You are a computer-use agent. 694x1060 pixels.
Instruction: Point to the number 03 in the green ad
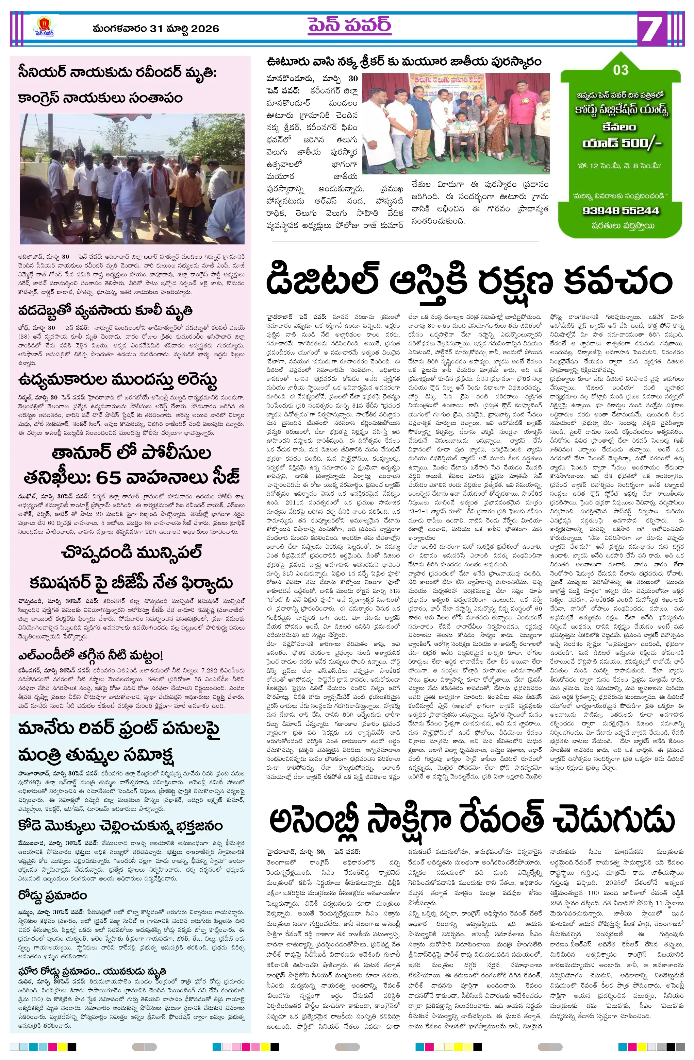pos(621,70)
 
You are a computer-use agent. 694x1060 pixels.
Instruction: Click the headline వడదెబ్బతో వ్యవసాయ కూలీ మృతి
pos(105,310)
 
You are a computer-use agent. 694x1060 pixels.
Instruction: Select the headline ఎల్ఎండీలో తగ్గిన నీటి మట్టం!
pos(91,655)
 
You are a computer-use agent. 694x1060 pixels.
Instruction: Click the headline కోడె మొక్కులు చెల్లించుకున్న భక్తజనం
pos(120,826)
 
